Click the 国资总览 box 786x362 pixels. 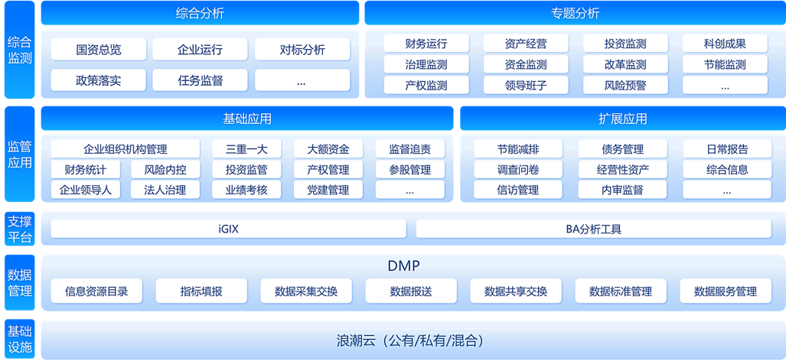pos(99,50)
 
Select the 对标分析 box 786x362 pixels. pos(302,50)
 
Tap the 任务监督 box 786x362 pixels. pos(201,80)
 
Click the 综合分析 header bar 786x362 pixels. pos(200,13)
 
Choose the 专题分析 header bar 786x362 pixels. pos(574,13)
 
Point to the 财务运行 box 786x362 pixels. pos(426,44)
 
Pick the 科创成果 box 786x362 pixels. pos(725,44)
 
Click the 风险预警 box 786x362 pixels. pos(625,86)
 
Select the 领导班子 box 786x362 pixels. pos(526,86)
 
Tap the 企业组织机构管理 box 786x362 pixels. pos(126,149)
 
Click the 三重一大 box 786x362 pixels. pos(246,149)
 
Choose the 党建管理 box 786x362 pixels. pos(328,190)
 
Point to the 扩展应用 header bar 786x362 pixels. pos(622,119)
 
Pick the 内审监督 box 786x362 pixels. pos(621,190)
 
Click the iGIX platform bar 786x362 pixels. pos(228,229)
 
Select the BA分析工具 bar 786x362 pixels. pos(594,229)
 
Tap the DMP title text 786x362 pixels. pos(403,266)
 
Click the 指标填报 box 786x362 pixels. pos(201,291)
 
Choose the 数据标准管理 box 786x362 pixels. pos(620,291)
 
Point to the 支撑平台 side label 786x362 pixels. pos(19,228)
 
